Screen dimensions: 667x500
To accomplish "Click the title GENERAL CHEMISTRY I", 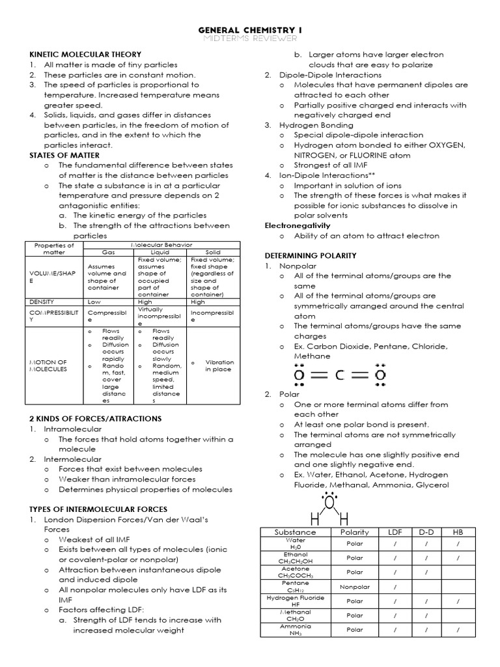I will (x=249, y=30).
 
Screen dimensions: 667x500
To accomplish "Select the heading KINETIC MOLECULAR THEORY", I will (x=85, y=54).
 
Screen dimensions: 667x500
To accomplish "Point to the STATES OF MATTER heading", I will (x=64, y=156).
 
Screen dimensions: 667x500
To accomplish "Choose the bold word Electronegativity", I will (x=298, y=225).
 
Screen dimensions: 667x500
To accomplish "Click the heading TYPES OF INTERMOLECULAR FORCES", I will (x=98, y=509).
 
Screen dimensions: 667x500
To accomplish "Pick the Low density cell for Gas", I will (x=94, y=302).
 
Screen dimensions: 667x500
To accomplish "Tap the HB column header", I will (x=458, y=532).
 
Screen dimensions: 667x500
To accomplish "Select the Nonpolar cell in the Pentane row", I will (x=355, y=587).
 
